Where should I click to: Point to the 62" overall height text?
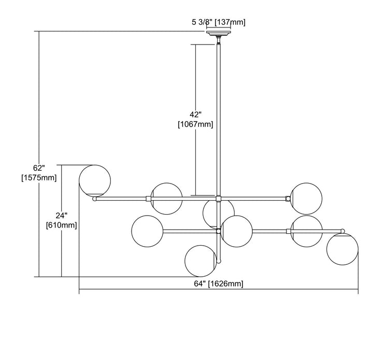[x=38, y=168]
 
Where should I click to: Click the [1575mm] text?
[x=38, y=178]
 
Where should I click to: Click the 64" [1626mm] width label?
[x=218, y=284]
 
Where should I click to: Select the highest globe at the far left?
[x=94, y=180]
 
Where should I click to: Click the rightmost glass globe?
[x=342, y=249]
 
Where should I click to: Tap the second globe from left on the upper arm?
[x=166, y=198]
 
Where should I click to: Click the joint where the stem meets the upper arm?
[x=219, y=198]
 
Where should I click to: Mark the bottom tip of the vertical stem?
[x=219, y=261]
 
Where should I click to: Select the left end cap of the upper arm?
[x=94, y=198]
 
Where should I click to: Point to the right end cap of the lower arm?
[x=342, y=231]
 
